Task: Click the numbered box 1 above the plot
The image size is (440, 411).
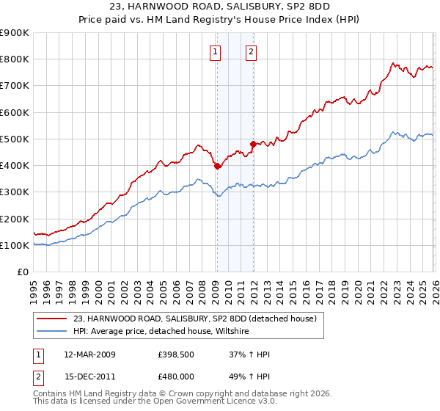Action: pyautogui.click(x=216, y=51)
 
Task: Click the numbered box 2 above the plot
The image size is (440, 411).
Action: pyautogui.click(x=252, y=51)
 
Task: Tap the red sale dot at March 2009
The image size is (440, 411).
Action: pyautogui.click(x=218, y=167)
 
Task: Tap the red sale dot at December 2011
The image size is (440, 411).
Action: pyautogui.click(x=253, y=144)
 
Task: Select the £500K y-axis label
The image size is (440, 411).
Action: pyautogui.click(x=15, y=139)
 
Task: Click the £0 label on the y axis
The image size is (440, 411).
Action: pyautogui.click(x=22, y=272)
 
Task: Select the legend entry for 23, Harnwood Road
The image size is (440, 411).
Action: pyautogui.click(x=194, y=319)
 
